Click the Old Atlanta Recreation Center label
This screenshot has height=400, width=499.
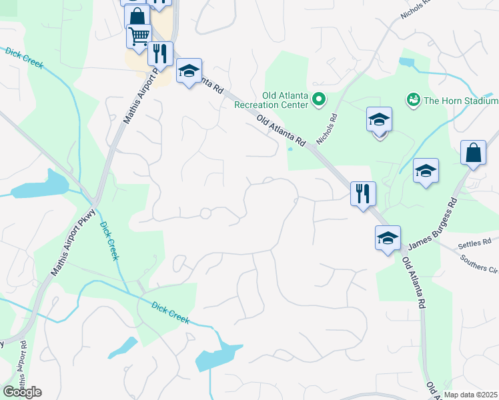tap(271, 100)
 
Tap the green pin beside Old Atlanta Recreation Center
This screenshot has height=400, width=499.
tap(318, 101)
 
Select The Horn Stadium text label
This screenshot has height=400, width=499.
tap(461, 101)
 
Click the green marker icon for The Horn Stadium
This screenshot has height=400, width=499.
tap(413, 100)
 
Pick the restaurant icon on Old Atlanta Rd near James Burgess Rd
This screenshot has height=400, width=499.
tap(363, 193)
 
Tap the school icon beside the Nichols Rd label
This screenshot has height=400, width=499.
tap(379, 119)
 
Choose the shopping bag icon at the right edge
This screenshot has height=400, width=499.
tap(473, 152)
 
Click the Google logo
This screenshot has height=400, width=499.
tap(22, 391)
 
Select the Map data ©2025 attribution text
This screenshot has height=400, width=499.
tap(471, 395)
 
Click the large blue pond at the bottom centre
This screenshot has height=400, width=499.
tap(218, 357)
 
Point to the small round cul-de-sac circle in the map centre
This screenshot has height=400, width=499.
tap(205, 213)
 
